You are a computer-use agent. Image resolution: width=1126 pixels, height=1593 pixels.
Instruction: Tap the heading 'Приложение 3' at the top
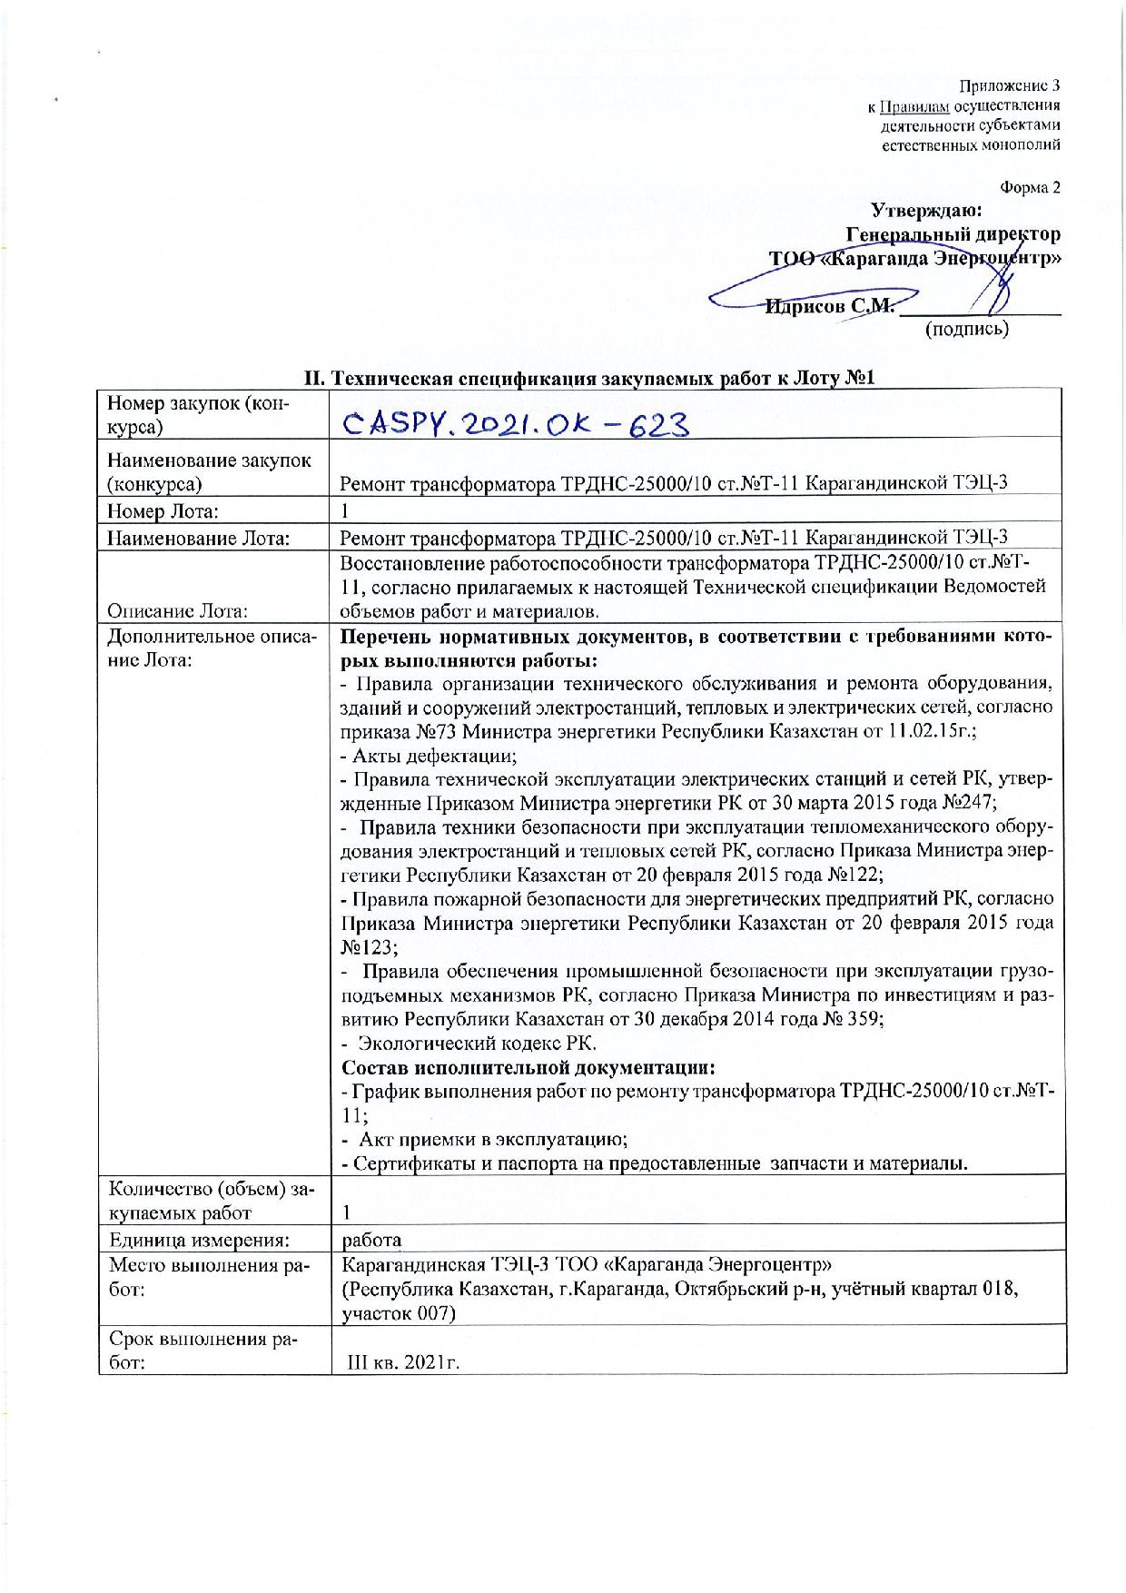(x=1010, y=87)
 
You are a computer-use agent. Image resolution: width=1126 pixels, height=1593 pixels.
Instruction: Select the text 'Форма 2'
(x=1030, y=188)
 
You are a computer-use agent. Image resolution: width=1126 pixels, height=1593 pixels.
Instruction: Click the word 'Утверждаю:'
(x=926, y=211)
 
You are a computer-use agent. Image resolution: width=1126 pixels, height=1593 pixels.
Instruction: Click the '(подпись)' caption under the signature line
(x=966, y=329)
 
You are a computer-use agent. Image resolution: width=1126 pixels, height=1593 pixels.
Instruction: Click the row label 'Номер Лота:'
(x=163, y=511)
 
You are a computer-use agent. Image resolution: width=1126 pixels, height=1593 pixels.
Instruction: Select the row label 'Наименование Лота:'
(x=199, y=539)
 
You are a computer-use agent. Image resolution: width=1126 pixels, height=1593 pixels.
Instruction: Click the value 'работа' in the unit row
(x=371, y=1241)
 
